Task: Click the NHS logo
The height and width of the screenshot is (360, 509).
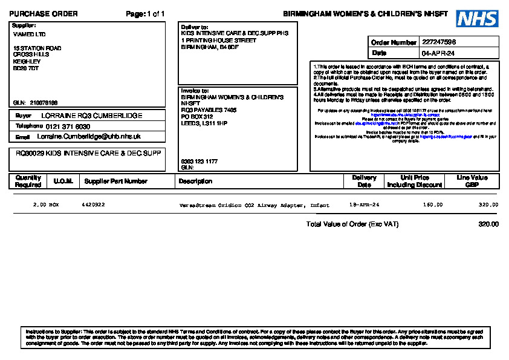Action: [476, 19]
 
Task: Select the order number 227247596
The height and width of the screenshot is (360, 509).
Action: [439, 42]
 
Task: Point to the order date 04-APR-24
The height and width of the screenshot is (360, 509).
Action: [438, 53]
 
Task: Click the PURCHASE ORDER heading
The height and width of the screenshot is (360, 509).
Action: [44, 14]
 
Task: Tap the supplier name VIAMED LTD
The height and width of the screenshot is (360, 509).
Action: [29, 34]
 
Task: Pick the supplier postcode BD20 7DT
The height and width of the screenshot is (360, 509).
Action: [26, 68]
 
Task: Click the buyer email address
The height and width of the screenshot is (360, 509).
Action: [93, 137]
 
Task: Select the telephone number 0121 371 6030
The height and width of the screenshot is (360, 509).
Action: [68, 126]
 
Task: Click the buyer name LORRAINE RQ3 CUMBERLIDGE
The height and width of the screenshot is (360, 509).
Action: [92, 115]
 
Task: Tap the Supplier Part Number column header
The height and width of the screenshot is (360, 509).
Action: [115, 181]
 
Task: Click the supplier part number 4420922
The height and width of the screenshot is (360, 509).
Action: [93, 205]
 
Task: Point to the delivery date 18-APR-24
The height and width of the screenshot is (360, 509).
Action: [365, 205]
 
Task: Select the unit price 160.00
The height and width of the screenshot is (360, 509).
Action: [433, 205]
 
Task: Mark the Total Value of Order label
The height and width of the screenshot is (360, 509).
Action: [352, 224]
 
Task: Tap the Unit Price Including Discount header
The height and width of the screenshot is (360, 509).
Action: [415, 181]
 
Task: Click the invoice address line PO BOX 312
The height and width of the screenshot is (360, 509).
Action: [197, 116]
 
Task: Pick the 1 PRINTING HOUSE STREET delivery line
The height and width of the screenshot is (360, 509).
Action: [218, 40]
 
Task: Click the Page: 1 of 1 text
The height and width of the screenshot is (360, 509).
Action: [145, 14]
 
